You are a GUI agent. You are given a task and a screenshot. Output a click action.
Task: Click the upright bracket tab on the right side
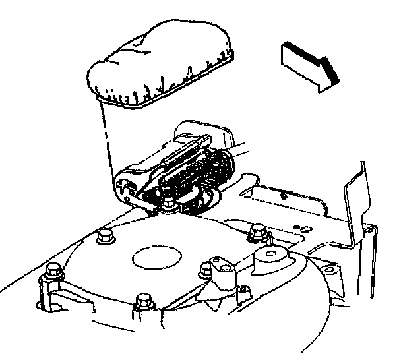tap(357, 198)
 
